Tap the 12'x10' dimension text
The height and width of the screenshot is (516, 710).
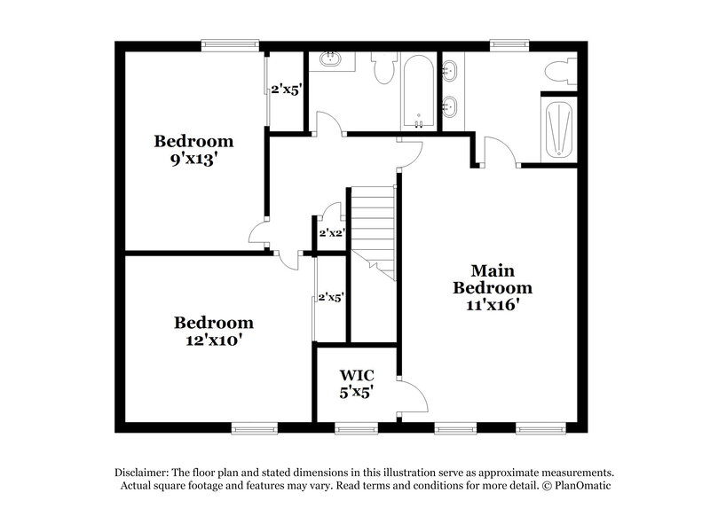(213, 340)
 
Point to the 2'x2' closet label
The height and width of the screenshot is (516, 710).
(331, 233)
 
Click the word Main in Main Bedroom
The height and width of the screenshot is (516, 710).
(493, 270)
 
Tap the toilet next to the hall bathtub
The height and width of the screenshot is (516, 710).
(385, 67)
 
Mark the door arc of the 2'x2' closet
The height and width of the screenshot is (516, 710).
(333, 213)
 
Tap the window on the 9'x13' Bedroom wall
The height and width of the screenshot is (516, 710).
(229, 43)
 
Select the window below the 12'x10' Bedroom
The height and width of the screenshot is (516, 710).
(255, 428)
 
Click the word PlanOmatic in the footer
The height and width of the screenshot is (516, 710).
(582, 486)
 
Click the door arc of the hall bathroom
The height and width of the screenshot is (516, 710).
(327, 124)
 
